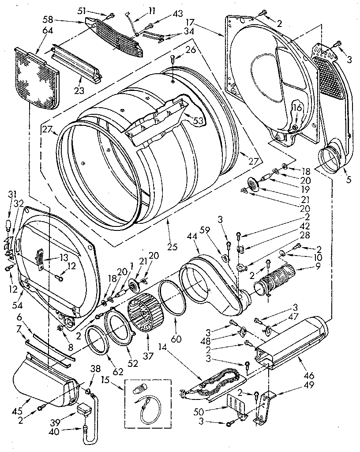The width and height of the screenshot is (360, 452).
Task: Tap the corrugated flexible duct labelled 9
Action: point(274,280)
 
